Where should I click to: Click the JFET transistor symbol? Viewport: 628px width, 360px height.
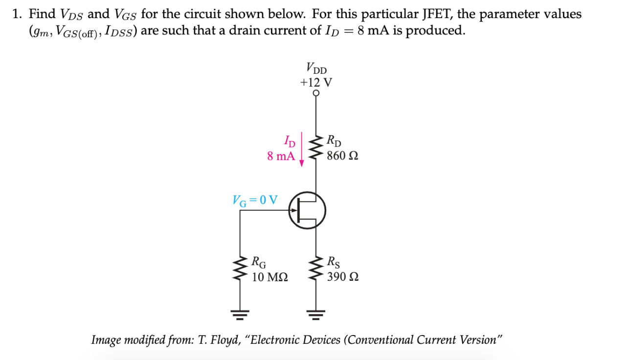click(307, 211)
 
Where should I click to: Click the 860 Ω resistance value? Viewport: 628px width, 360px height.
click(342, 156)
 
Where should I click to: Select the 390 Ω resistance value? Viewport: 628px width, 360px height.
click(342, 277)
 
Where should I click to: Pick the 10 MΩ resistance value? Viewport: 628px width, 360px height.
click(269, 277)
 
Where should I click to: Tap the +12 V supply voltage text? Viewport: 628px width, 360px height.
click(316, 81)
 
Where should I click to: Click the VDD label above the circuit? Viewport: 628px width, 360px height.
click(316, 67)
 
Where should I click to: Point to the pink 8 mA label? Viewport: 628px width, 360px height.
click(281, 156)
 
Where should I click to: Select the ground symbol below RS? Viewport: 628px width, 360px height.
click(315, 314)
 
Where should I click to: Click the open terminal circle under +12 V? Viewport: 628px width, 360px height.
click(316, 93)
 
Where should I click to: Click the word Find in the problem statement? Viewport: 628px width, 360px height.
click(42, 14)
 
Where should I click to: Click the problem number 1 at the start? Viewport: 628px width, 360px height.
click(17, 14)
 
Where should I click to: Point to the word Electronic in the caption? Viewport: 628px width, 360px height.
click(277, 340)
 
